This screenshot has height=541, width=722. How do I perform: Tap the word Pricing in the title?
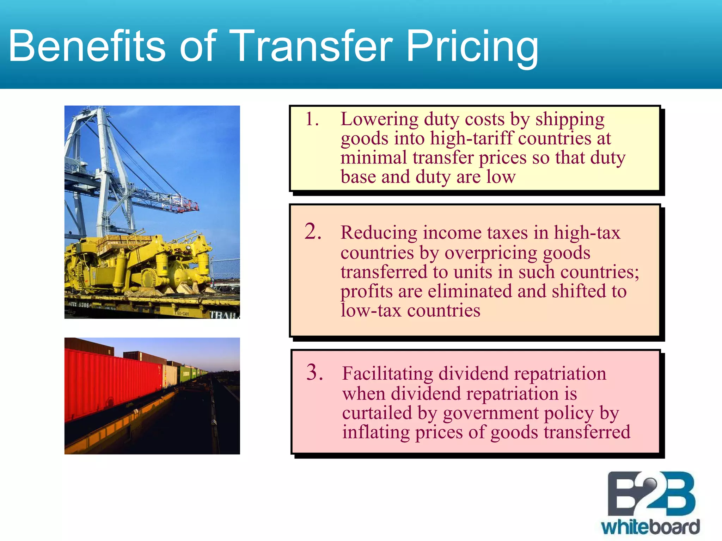472,46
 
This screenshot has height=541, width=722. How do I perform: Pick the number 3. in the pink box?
314,372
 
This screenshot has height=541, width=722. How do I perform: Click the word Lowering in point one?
379,119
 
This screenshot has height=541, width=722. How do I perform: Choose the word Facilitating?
387,374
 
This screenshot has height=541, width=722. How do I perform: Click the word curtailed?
377,413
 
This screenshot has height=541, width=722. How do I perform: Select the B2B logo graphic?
651,495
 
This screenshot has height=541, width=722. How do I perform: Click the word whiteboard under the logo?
650,527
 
